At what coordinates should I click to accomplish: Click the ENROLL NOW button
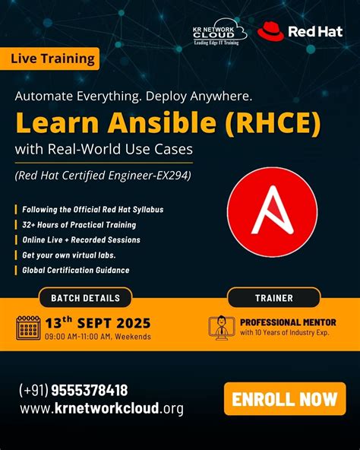tap(285, 399)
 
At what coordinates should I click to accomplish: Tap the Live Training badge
tap(53, 58)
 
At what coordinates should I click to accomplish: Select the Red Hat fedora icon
tap(270, 31)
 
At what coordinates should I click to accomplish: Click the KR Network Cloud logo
tap(219, 33)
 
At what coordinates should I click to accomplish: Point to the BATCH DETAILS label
tap(85, 298)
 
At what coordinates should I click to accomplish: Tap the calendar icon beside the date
tap(29, 327)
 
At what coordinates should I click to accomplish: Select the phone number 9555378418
tap(74, 391)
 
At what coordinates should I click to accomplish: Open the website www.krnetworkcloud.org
tap(101, 409)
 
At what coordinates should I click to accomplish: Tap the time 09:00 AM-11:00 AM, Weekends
tap(97, 337)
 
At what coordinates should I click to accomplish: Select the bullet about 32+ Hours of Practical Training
tap(79, 224)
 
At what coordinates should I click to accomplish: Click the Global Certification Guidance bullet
tap(75, 270)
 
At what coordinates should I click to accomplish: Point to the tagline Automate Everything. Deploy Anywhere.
tap(132, 97)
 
